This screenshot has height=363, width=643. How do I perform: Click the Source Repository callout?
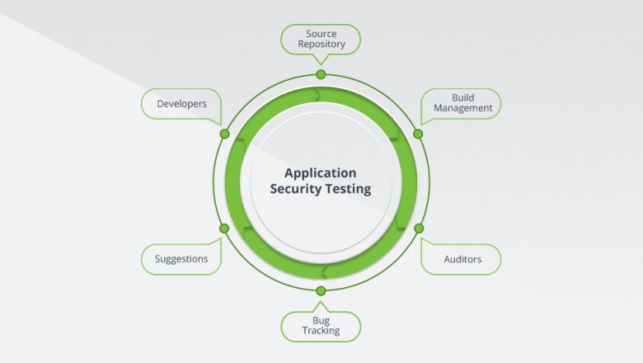tap(321, 39)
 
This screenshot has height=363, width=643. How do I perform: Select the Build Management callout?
tap(462, 103)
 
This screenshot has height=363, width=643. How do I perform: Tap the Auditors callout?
tap(462, 259)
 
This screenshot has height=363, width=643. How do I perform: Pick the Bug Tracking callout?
tap(321, 325)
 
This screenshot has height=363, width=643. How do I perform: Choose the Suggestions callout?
tap(181, 259)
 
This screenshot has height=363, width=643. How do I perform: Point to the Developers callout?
tap(181, 104)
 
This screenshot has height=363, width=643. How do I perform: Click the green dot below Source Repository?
tap(321, 74)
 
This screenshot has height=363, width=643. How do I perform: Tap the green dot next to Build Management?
tap(418, 134)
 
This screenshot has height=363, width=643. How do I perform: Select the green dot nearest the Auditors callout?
tap(418, 228)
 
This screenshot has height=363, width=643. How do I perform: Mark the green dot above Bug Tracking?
tap(321, 290)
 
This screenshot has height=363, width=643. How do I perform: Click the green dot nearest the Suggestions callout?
tap(223, 228)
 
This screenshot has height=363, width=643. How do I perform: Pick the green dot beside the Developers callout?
tap(224, 134)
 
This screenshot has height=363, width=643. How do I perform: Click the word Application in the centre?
tap(321, 173)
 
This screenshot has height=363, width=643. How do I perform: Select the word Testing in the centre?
tap(350, 189)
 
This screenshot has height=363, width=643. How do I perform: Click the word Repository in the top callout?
tap(321, 45)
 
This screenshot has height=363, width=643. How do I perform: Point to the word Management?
tap(462, 108)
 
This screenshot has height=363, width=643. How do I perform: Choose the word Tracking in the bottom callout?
tap(321, 331)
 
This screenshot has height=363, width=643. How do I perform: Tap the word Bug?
tap(321, 319)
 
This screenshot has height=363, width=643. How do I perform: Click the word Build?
tap(462, 97)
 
